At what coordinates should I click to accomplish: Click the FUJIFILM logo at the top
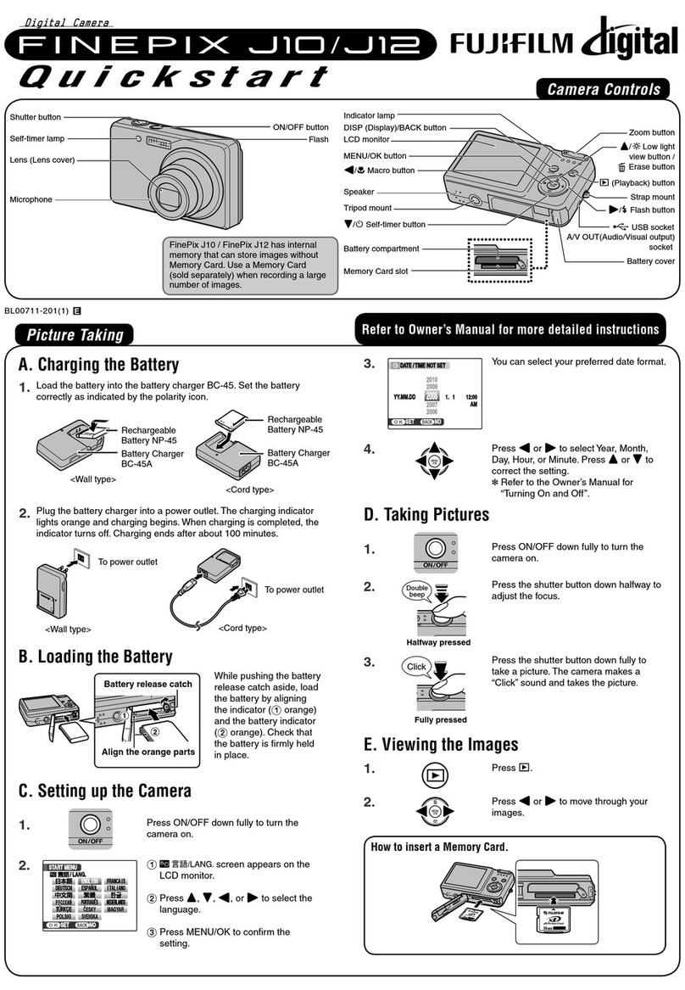pyautogui.click(x=518, y=42)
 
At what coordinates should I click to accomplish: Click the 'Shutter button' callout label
pyautogui.click(x=35, y=118)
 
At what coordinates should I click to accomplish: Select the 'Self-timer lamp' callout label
pyautogui.click(x=38, y=138)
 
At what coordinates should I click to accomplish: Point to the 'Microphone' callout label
pyautogui.click(x=31, y=199)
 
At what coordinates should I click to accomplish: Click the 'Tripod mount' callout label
pyautogui.click(x=367, y=208)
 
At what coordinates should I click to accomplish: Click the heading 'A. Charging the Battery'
pyautogui.click(x=98, y=365)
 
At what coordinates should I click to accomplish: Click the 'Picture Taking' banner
pyautogui.click(x=75, y=334)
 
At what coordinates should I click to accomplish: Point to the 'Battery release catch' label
pyautogui.click(x=148, y=684)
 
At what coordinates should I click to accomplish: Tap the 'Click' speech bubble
pyautogui.click(x=417, y=667)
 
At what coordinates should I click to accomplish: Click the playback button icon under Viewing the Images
pyautogui.click(x=433, y=772)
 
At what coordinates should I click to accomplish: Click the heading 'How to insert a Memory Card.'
pyautogui.click(x=439, y=847)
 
